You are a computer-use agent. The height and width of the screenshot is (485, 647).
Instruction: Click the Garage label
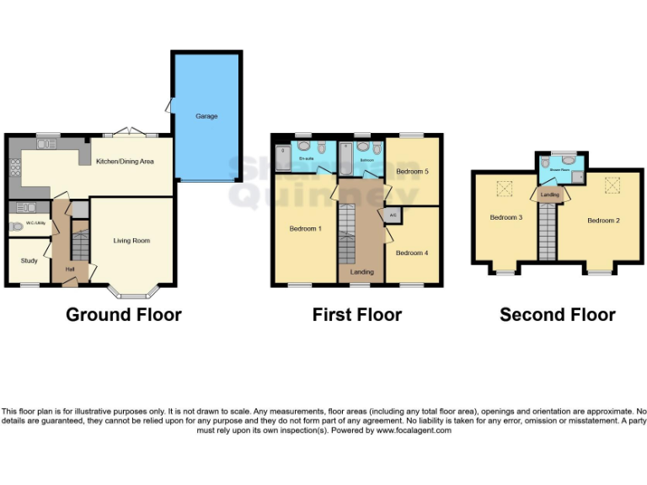(206, 116)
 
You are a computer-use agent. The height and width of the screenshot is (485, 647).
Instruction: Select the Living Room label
(131, 241)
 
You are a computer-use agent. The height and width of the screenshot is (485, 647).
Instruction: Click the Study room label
(29, 261)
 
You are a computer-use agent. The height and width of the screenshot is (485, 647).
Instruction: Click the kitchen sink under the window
(46, 144)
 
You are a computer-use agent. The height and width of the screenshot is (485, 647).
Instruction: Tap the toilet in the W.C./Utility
(14, 226)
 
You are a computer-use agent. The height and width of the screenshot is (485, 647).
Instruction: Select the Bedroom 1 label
(305, 229)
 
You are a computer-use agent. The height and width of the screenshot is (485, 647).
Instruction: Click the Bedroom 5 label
(413, 172)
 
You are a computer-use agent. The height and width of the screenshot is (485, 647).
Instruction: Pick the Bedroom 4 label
(412, 253)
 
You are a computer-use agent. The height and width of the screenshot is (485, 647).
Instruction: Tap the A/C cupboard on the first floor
(393, 216)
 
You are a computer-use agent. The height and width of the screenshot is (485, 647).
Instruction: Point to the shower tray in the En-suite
(284, 157)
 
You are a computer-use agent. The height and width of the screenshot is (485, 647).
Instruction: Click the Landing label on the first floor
(362, 272)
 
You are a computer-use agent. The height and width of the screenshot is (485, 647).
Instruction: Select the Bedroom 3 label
(506, 217)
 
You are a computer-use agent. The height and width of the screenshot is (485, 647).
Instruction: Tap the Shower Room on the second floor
(561, 170)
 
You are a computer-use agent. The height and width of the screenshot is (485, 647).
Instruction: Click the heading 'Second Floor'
(557, 315)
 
